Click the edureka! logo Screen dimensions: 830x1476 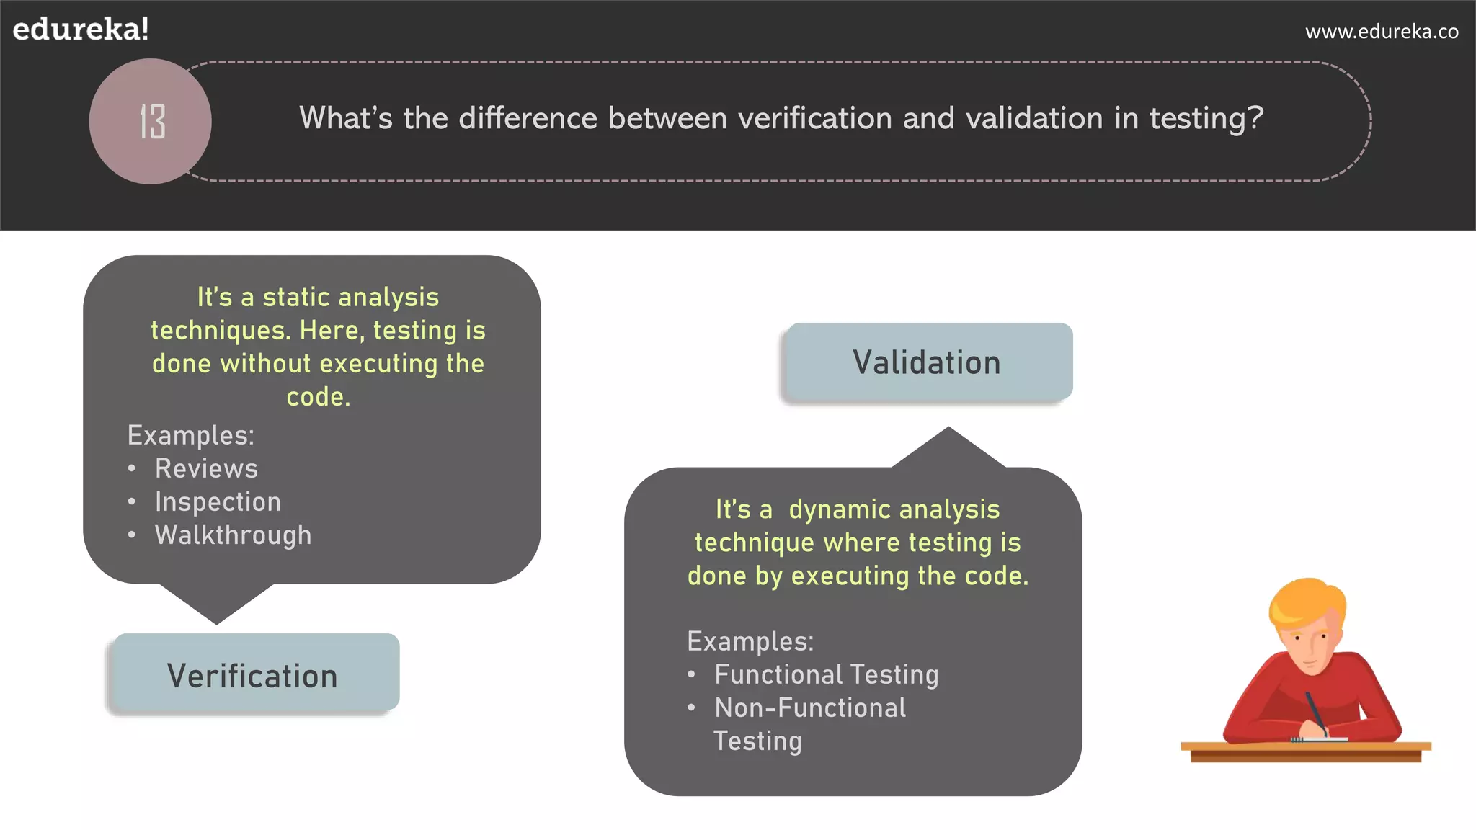click(81, 30)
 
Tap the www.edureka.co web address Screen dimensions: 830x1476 click(1382, 32)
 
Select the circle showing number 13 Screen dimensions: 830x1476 click(151, 121)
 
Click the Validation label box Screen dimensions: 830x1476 click(927, 362)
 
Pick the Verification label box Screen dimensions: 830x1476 click(253, 675)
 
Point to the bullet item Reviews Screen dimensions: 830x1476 click(206, 469)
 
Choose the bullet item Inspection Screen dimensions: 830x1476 click(218, 502)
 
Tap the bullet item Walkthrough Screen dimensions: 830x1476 click(233, 535)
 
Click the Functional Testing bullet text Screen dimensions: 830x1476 click(826, 675)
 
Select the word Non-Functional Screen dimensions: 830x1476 click(810, 708)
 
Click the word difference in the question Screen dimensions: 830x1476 click(528, 118)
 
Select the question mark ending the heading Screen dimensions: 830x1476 click(1255, 118)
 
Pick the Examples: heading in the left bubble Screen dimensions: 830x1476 click(190, 436)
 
